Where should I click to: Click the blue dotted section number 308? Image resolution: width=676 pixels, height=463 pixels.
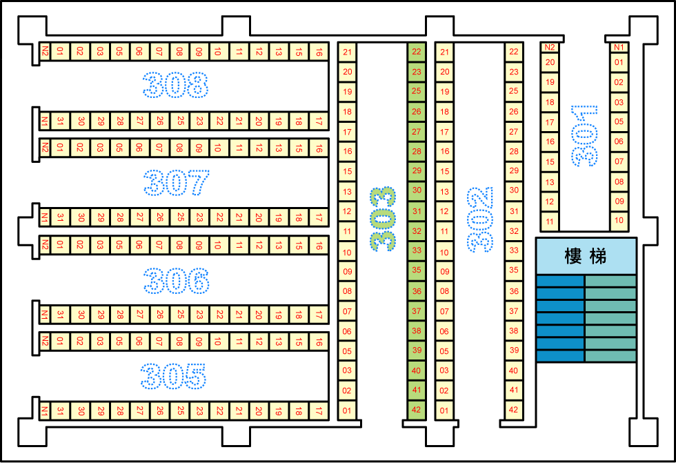pos(175,85)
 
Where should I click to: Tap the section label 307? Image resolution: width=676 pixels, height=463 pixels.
pos(177,182)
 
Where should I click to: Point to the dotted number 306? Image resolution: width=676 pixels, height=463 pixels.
pos(177,281)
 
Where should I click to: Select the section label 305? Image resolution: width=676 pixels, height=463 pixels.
pos(173,376)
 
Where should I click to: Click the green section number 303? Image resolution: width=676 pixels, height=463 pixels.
pos(383,219)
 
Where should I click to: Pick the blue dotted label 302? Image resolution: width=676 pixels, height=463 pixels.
pos(480,219)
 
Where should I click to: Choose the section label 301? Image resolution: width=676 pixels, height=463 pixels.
pos(585,136)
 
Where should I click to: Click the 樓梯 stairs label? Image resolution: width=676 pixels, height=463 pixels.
pos(586,256)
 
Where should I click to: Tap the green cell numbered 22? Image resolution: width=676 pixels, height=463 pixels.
pos(417,52)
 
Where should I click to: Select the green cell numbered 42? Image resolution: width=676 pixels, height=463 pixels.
pos(417,410)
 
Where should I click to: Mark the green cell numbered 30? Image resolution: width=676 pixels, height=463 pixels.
pos(417,190)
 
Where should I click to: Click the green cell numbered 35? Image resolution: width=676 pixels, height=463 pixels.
pos(417,270)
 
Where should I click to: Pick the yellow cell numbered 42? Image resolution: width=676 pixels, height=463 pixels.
pos(514,410)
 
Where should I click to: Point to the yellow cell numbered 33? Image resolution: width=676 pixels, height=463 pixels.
pos(514,250)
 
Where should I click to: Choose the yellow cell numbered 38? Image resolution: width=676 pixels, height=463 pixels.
pos(514,331)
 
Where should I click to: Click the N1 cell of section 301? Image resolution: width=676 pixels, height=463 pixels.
pos(619,48)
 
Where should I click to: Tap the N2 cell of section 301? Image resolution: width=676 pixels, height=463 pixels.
pos(550,48)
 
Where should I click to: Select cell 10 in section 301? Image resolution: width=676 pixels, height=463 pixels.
pos(619,221)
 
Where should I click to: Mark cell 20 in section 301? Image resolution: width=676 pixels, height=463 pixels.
pos(550,63)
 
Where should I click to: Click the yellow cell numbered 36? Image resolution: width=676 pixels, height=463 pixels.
pos(514,291)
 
